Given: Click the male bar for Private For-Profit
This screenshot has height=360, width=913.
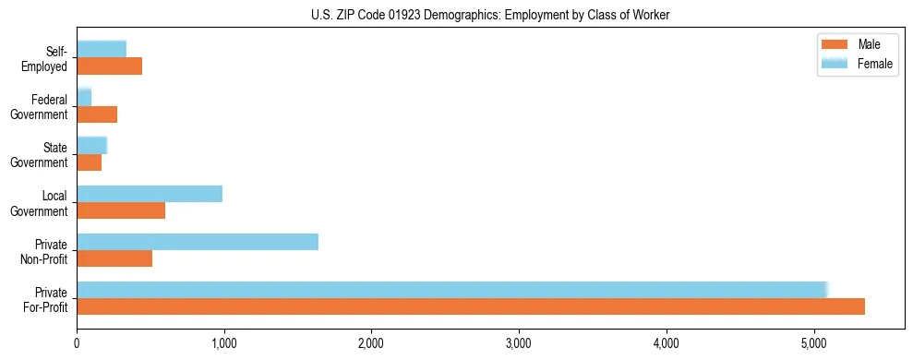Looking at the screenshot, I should (471, 306).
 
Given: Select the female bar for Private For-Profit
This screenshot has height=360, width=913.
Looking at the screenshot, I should (452, 290).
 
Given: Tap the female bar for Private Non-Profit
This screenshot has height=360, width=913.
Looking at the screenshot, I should (198, 242).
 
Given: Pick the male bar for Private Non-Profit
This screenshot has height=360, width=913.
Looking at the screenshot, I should (114, 258).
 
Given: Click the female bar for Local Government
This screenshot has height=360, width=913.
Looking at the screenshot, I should (150, 194).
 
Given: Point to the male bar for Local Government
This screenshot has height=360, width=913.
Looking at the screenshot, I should (121, 210).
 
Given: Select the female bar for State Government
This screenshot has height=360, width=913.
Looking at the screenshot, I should (92, 145).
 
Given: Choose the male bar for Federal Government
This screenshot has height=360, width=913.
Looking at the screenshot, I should (97, 114).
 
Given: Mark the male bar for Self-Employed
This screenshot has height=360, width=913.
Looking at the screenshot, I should (109, 66).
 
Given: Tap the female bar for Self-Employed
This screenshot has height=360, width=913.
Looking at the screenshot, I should (102, 49).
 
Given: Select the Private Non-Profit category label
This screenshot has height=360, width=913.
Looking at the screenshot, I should (46, 251).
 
